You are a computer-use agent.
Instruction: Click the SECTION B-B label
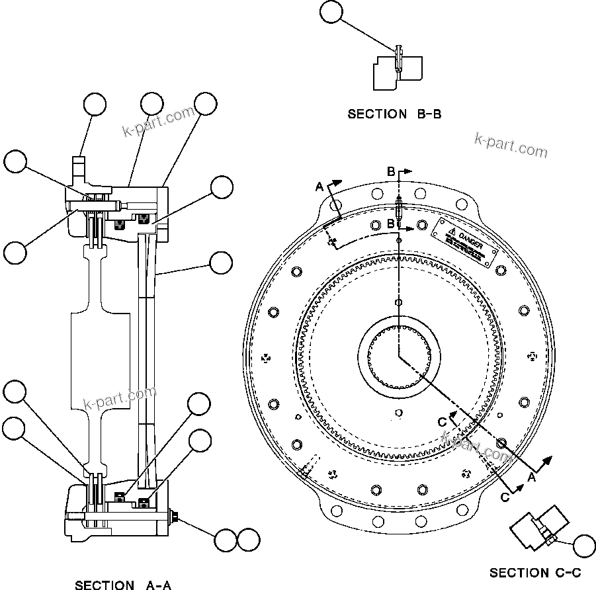tap(394, 114)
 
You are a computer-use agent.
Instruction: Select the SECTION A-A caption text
tap(123, 585)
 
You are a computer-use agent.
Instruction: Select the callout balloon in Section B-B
tap(331, 13)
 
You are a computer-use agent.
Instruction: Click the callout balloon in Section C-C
tap(584, 546)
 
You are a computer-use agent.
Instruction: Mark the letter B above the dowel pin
tap(391, 171)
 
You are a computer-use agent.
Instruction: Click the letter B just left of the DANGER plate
tap(391, 224)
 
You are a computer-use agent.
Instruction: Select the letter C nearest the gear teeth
tap(442, 423)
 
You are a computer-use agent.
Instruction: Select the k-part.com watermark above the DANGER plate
tap(511, 146)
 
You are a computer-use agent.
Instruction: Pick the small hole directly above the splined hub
tap(398, 302)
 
